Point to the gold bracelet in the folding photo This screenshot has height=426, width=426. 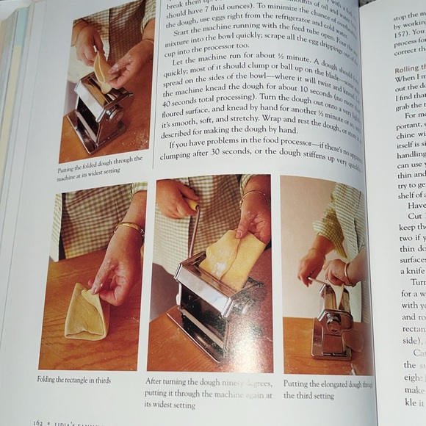click(131, 230)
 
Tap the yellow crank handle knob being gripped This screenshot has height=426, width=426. click(192, 204)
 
